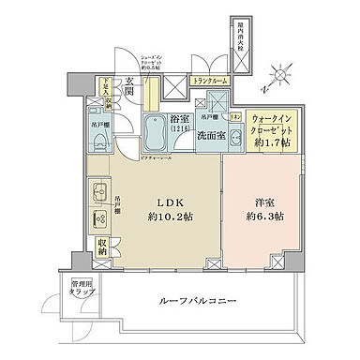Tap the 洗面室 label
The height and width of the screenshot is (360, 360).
point(209,135)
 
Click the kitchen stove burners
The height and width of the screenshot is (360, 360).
point(99,217)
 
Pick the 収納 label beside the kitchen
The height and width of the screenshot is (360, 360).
point(101,248)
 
